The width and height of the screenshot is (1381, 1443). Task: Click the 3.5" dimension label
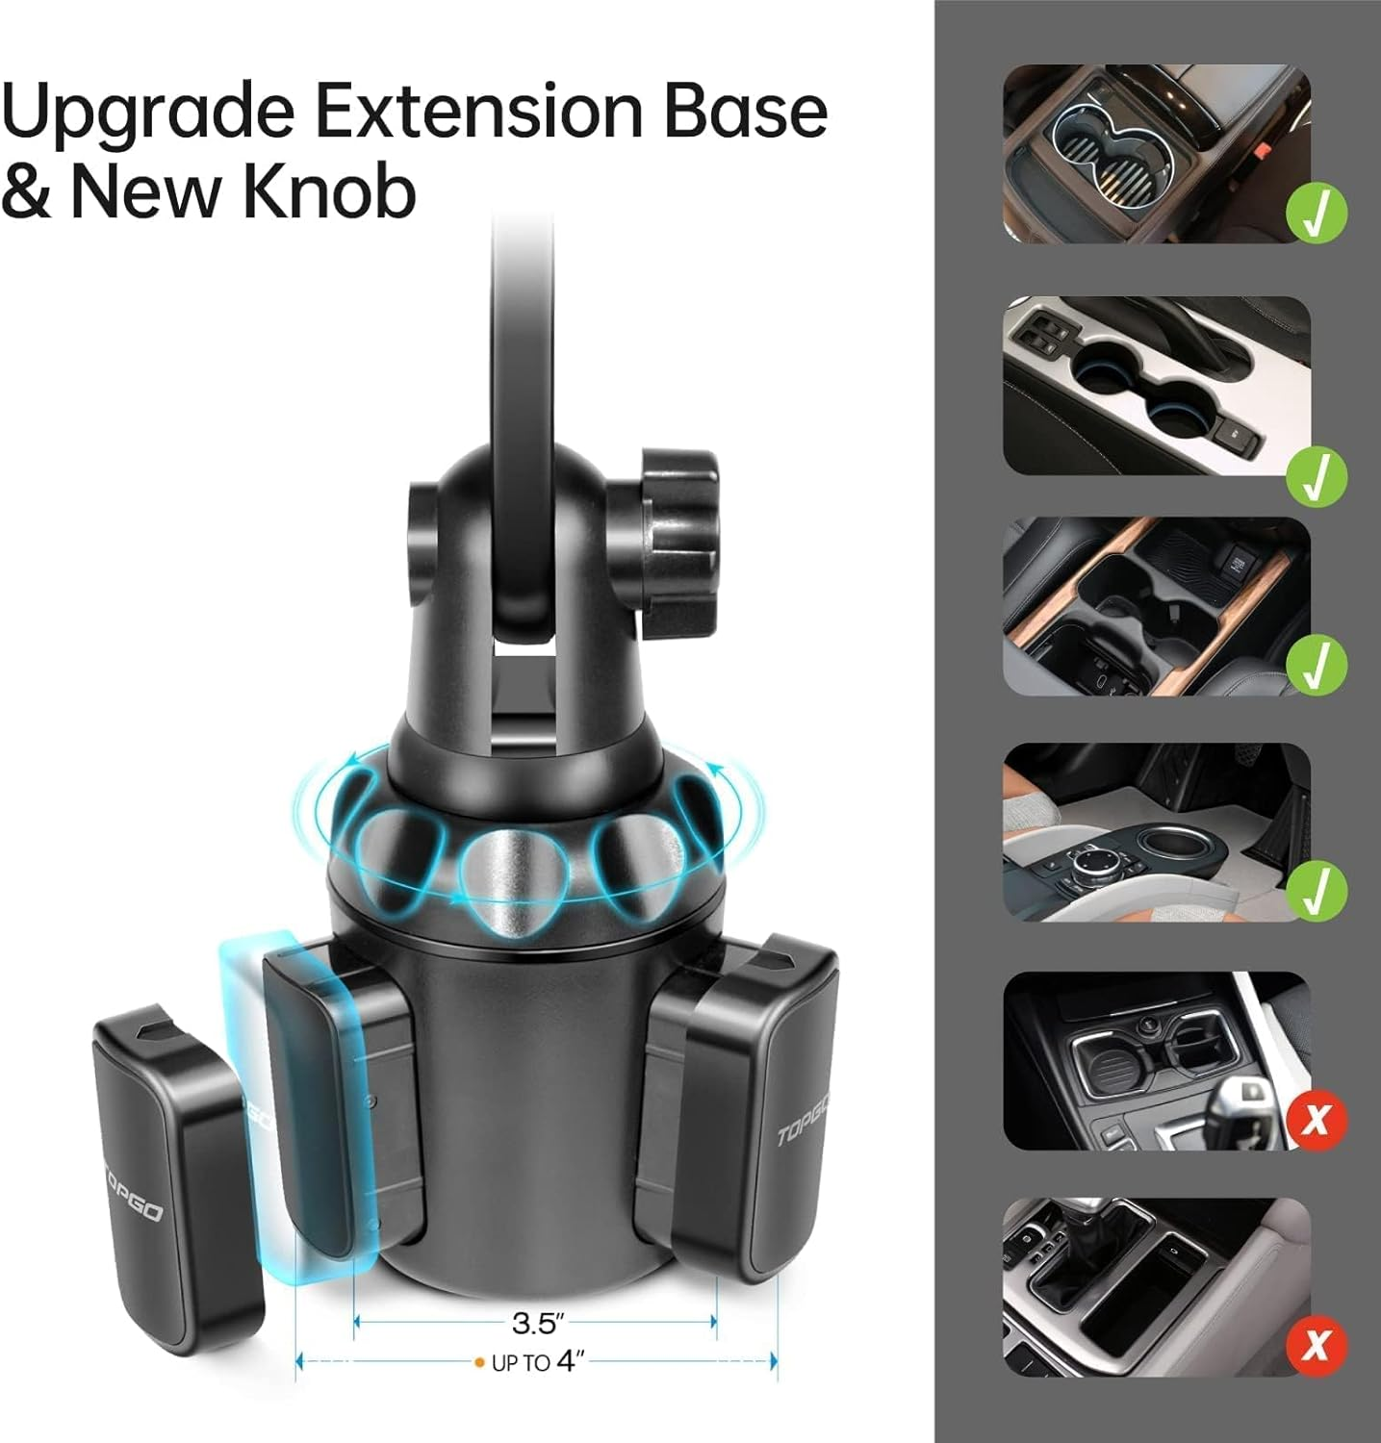pos(535,1324)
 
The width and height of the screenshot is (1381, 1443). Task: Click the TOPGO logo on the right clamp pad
pos(801,1120)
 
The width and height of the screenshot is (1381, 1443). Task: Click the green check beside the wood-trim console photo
pos(1317,664)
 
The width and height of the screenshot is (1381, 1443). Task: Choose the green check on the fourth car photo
pos(1317,889)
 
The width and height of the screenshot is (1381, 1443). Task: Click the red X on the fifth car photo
pos(1317,1120)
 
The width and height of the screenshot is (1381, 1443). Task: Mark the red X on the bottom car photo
pos(1317,1345)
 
